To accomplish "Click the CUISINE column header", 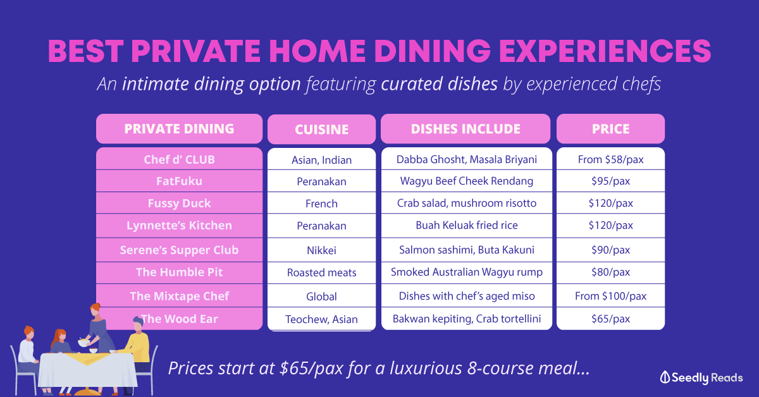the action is coord(321,130).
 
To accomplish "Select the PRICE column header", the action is coord(610,129).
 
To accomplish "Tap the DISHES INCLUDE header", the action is coord(466,129).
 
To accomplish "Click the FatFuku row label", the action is coord(179,181).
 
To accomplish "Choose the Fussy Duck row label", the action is coord(179,204).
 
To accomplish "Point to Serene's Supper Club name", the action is coord(179,250).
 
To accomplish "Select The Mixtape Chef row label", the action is coord(179,296).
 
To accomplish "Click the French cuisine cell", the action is coord(321,204).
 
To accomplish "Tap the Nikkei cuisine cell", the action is coord(321,250).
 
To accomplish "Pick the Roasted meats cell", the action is coord(321,272).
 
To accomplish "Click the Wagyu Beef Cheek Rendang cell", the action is coord(467,181).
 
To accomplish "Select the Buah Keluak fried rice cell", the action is coord(467,225).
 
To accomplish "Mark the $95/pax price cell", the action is coord(610,181).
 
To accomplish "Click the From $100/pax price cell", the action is coord(610,296).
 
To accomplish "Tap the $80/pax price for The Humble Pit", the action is coord(610,272).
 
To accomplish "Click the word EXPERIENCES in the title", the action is coord(605,51).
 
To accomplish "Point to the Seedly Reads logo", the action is coord(701,377).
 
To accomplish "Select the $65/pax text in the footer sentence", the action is coord(311,369).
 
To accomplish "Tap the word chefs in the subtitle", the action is coord(641,83).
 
